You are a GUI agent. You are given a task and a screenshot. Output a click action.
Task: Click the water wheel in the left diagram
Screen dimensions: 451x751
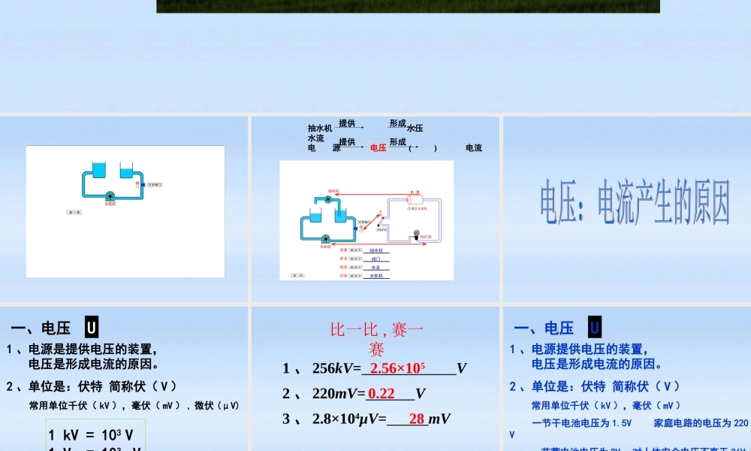pos(110,195)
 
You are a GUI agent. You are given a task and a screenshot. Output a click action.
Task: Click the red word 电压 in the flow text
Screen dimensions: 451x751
pos(379,148)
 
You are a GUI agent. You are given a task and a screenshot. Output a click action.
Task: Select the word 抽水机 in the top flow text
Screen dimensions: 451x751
pos(320,129)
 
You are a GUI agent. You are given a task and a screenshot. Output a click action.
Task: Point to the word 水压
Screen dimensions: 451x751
pos(415,129)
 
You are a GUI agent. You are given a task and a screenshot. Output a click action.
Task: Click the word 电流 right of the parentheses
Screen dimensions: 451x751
pos(474,148)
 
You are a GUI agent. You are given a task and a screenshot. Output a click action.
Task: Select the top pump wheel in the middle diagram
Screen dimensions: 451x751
pos(328,198)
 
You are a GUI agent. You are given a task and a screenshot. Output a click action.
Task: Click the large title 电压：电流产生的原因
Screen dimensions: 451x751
pos(635,201)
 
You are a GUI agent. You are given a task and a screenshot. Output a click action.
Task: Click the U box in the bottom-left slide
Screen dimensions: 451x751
pos(91,328)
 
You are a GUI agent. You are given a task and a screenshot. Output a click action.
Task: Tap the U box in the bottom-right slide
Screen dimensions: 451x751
pos(594,328)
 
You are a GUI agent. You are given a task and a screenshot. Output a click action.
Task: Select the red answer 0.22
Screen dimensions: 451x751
pos(382,393)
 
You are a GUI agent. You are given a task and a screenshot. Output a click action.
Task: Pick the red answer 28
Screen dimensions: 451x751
pos(417,419)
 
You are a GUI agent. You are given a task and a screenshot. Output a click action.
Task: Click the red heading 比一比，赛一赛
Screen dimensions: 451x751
pos(377,338)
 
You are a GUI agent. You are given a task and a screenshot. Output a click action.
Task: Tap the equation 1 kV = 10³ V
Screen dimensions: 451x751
pos(91,434)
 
